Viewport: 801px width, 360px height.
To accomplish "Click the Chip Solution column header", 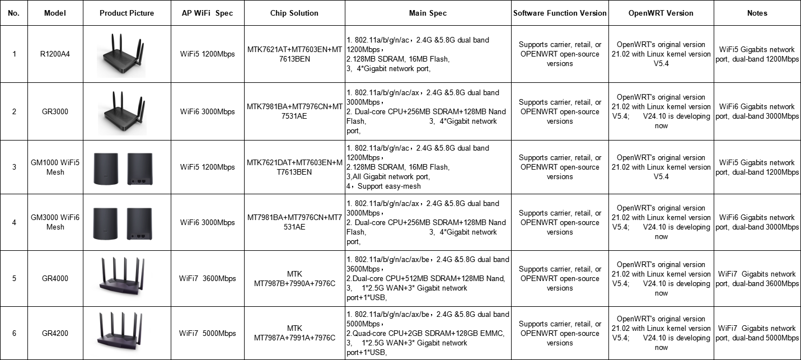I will [294, 13].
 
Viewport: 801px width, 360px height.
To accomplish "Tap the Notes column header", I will [757, 13].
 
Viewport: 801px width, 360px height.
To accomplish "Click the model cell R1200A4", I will [55, 54].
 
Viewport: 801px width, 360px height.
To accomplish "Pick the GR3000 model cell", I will [55, 111].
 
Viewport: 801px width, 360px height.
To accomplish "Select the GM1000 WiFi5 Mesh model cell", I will [55, 167].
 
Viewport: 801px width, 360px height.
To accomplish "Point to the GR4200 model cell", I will [55, 333].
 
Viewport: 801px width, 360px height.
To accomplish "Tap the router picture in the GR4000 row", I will [126, 278].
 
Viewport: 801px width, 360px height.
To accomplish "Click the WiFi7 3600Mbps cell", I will [207, 278].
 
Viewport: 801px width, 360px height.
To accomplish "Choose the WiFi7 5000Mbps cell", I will [207, 333].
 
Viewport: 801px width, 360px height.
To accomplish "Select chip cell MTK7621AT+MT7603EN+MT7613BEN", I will [294, 54].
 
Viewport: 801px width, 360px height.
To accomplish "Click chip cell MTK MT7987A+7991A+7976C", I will [294, 333].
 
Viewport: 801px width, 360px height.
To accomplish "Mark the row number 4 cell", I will [14, 222].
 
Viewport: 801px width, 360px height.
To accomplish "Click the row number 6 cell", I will [14, 333].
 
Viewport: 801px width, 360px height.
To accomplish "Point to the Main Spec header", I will [428, 13].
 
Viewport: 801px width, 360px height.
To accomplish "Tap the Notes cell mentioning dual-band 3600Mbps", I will [757, 278].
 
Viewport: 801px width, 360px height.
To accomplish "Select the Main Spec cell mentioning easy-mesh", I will [428, 167].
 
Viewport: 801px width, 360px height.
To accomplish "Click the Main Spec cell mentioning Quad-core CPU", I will [428, 333].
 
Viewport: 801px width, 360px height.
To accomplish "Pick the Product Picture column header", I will [127, 13].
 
